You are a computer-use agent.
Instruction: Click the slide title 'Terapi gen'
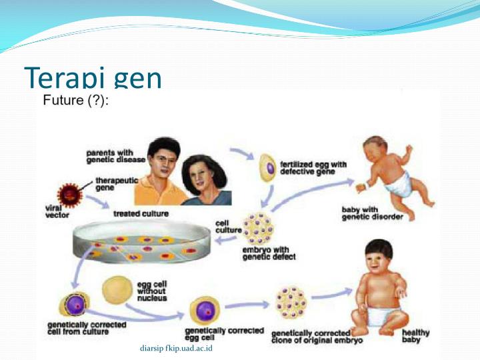pyautogui.click(x=93, y=78)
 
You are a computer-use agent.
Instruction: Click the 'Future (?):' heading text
pyautogui.click(x=75, y=101)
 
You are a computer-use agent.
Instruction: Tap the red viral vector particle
pyautogui.click(x=70, y=195)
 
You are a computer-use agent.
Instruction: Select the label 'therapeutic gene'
pyautogui.click(x=115, y=183)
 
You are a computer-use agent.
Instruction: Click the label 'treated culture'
pyautogui.click(x=141, y=214)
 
